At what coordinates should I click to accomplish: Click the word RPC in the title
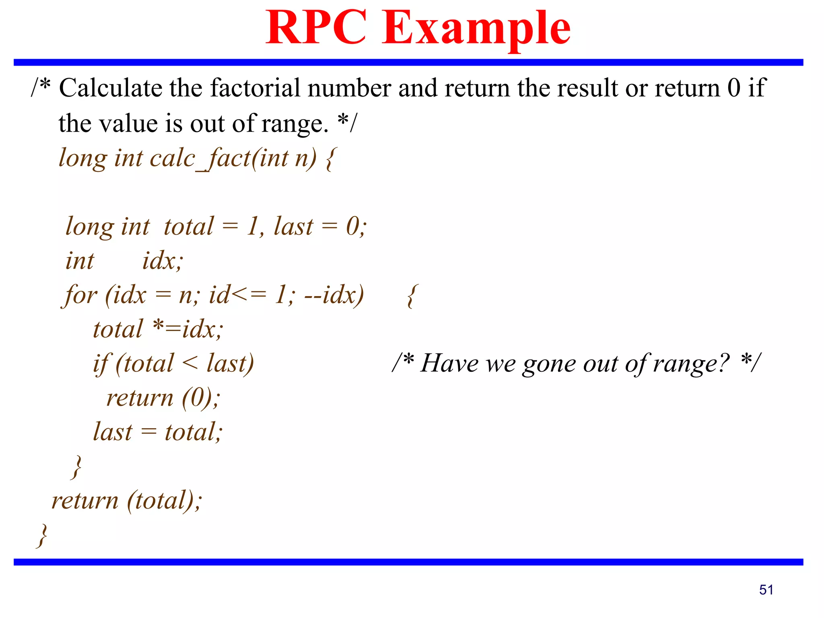[316, 27]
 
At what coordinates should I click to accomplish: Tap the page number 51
[766, 590]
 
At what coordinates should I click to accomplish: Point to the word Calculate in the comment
[110, 88]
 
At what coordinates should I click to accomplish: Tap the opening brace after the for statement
[411, 296]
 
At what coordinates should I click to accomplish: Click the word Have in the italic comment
[449, 363]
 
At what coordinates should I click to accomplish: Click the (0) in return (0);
[197, 398]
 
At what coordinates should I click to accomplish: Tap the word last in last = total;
[112, 433]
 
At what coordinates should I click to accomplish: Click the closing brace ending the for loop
[76, 467]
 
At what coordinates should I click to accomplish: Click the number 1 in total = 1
[253, 226]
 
